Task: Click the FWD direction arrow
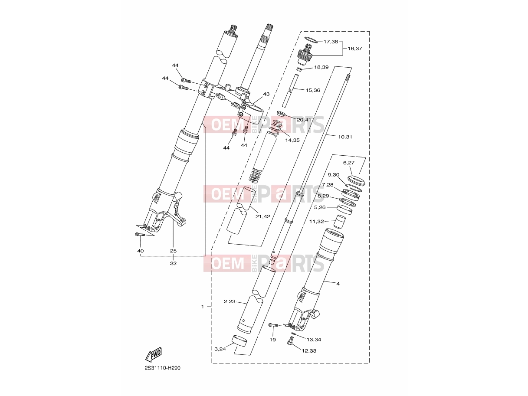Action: pyautogui.click(x=154, y=355)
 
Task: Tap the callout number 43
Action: pyautogui.click(x=266, y=94)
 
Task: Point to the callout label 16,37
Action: pyautogui.click(x=355, y=48)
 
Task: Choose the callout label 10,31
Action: pyautogui.click(x=345, y=137)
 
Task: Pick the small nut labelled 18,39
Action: pyautogui.click(x=298, y=69)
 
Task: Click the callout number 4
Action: pyautogui.click(x=338, y=284)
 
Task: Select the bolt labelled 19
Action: pyautogui.click(x=273, y=325)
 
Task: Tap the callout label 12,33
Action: pyautogui.click(x=309, y=351)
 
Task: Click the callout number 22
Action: pyautogui.click(x=173, y=263)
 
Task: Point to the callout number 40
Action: pyautogui.click(x=141, y=251)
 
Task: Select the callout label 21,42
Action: pyautogui.click(x=262, y=216)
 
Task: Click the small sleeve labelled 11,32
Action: pyautogui.click(x=339, y=222)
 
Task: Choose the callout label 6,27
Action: pyautogui.click(x=348, y=163)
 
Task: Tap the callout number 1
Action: pyautogui.click(x=203, y=307)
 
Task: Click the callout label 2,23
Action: pyautogui.click(x=230, y=301)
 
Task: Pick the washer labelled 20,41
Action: pyautogui.click(x=281, y=114)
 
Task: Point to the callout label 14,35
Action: pyautogui.click(x=292, y=140)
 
